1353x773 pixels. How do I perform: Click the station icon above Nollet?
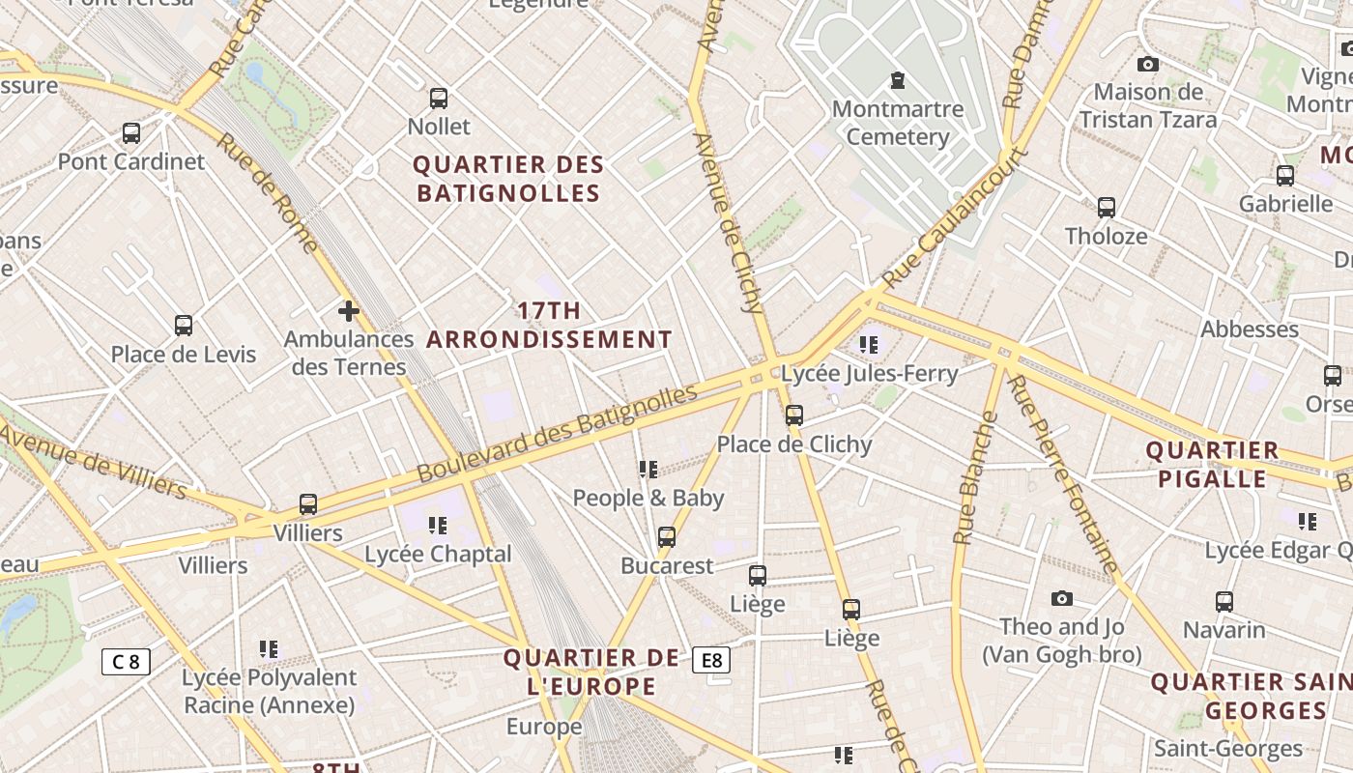[439, 98]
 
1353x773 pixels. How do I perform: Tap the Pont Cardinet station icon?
[131, 132]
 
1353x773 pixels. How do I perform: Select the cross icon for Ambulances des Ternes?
[349, 311]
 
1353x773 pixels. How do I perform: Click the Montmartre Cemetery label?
[898, 123]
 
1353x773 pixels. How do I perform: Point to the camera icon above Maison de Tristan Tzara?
[1148, 64]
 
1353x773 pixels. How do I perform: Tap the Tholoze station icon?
[1107, 207]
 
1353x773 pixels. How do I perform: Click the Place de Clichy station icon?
[794, 415]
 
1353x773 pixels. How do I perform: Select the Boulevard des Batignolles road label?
[557, 434]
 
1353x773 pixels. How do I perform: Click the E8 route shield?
[711, 661]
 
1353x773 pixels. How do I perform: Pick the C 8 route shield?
[126, 662]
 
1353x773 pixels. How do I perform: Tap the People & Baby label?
[648, 499]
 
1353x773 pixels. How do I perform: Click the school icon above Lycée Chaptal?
[438, 526]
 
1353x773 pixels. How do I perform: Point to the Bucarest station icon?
[667, 537]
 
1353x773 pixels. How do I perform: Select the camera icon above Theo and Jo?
[1062, 599]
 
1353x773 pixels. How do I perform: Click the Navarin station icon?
[1224, 602]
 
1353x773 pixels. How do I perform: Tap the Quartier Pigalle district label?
[1212, 465]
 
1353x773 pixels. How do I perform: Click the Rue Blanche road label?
[975, 478]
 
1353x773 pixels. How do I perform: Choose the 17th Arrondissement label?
[549, 326]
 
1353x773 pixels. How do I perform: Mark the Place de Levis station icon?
[184, 326]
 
